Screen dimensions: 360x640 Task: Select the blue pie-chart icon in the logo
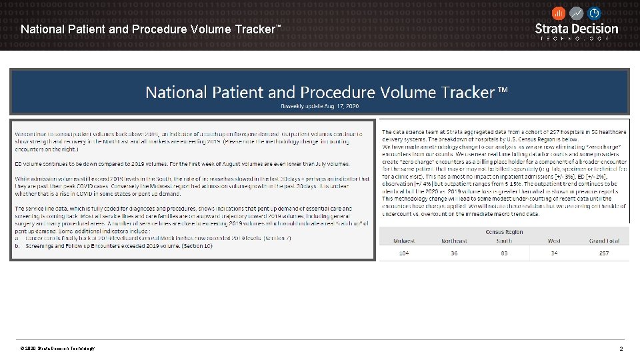[x=594, y=13]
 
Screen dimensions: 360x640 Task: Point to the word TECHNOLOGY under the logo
[x=577, y=39]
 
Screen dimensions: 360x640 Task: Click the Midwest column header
[x=404, y=241]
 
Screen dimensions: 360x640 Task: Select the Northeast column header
[x=454, y=241]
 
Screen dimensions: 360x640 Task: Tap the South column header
[x=505, y=241]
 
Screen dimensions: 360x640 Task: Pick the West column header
[x=554, y=241]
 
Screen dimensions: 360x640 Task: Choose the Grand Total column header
[x=604, y=241]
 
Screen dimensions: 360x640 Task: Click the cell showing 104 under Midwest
[x=404, y=253]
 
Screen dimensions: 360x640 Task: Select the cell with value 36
[x=454, y=253]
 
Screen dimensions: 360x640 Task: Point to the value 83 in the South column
[x=505, y=253]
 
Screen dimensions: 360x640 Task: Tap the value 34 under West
[x=554, y=253]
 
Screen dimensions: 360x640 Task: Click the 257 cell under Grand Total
[x=604, y=253]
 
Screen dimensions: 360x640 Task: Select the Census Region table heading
[x=503, y=231]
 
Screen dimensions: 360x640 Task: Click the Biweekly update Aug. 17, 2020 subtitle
[x=319, y=107]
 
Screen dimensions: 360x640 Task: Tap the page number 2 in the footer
[x=621, y=349]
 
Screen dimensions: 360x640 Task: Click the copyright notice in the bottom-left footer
[x=57, y=349]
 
